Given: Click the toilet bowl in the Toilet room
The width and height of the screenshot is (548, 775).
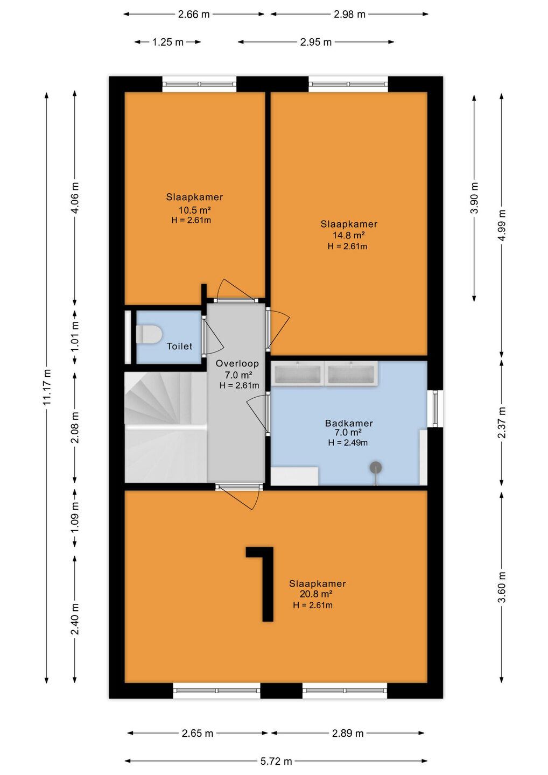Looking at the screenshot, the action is (x=149, y=334).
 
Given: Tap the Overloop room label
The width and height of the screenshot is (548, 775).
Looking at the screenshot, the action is (x=237, y=363).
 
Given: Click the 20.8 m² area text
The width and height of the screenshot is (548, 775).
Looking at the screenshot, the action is (x=316, y=594).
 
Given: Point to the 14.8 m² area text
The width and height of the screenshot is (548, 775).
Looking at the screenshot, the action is (x=349, y=235).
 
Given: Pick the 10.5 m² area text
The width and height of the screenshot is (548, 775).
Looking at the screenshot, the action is (x=194, y=210).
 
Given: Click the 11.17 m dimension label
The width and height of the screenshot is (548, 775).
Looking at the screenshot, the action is (x=47, y=387).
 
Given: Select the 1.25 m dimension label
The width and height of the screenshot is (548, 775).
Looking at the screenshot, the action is (x=168, y=42).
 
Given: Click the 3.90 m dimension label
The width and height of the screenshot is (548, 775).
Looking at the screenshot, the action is (x=474, y=198).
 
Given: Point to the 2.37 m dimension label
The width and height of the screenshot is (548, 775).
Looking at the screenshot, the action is (x=502, y=422).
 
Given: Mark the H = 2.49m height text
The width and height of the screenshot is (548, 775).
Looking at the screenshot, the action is (x=348, y=442).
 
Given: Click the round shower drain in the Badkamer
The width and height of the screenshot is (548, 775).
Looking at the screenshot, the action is (x=376, y=467).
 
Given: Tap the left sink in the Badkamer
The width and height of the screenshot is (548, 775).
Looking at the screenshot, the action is (x=298, y=373).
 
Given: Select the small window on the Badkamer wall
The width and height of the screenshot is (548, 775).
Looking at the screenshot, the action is (x=435, y=408).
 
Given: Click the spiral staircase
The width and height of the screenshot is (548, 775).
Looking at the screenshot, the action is (x=166, y=427).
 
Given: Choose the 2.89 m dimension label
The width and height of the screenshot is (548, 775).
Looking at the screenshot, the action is (x=348, y=733).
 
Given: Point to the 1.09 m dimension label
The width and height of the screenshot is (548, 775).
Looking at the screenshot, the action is (x=75, y=518).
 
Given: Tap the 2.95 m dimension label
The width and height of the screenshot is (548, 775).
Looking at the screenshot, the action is (x=316, y=42).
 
